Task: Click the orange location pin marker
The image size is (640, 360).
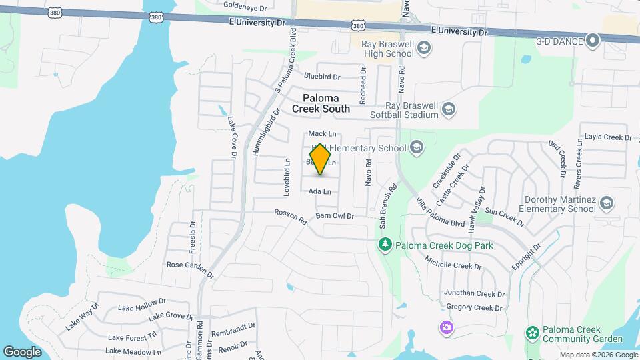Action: coord(321,159)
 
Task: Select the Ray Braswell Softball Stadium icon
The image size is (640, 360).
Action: coord(449,109)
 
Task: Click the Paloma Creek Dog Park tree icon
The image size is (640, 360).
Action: coord(384,245)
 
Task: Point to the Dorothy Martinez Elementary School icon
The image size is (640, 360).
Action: coord(606,203)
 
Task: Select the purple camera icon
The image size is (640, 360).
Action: coord(445,327)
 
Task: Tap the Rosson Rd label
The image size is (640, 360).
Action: coord(290,217)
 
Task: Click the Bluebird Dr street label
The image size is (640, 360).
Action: coord(322,77)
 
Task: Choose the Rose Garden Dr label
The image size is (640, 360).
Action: coord(190,269)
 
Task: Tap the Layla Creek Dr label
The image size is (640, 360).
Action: coord(607,137)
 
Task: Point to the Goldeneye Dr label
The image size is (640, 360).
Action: coord(245,5)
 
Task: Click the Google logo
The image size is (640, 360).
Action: coord(22,351)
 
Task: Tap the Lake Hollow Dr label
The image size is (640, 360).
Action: coord(142,307)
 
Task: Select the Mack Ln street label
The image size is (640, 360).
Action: coord(322,134)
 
